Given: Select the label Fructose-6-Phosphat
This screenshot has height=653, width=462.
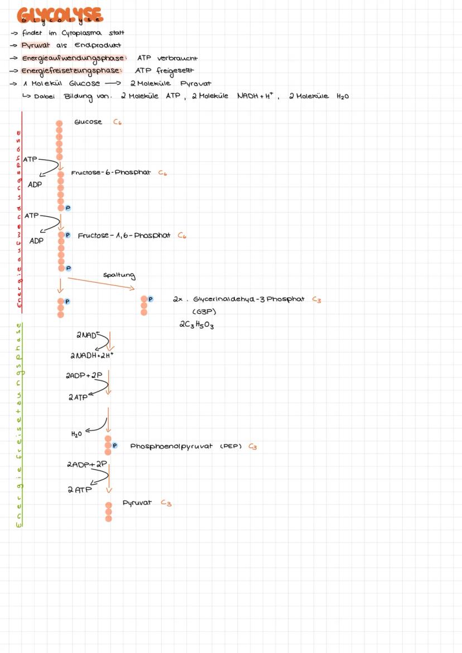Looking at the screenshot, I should [x=110, y=173].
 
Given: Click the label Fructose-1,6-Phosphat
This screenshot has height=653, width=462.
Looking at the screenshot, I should [x=124, y=236].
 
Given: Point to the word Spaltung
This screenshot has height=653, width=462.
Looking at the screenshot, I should [x=119, y=275].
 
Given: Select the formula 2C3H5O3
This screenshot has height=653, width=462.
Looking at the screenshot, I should [x=196, y=325].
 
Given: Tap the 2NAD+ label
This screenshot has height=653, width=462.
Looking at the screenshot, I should [x=86, y=336].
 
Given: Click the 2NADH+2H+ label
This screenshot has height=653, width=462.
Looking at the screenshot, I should [x=92, y=355].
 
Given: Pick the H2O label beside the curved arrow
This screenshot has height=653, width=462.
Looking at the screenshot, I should [x=77, y=433].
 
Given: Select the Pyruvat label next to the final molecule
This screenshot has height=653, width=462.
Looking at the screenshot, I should [x=137, y=503].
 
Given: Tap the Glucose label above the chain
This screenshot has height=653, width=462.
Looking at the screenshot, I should [x=88, y=122].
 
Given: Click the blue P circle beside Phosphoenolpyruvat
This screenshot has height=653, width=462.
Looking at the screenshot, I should [x=115, y=446].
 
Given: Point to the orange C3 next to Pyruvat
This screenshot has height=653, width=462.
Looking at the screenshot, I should [x=166, y=503].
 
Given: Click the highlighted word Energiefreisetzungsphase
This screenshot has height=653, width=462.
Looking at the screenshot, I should [x=71, y=71].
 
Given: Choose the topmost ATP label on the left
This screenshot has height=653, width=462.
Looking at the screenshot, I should [x=30, y=159].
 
